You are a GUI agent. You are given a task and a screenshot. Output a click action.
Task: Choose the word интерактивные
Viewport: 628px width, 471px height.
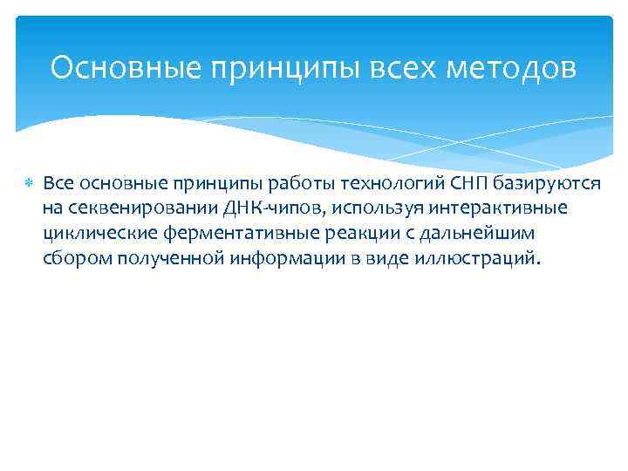click(x=491, y=208)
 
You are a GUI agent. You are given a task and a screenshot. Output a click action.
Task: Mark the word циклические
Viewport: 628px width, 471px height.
click(x=95, y=234)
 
